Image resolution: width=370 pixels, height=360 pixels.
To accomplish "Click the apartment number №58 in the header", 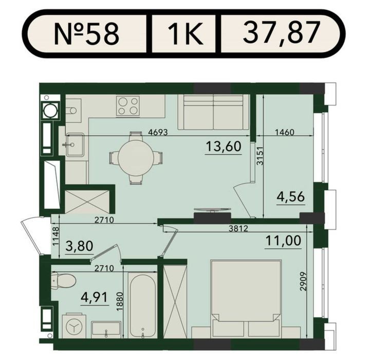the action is click(x=87, y=33).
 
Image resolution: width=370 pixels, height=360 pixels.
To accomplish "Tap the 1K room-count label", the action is click(x=186, y=33).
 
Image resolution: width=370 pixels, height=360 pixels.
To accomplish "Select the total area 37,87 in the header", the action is click(x=282, y=33).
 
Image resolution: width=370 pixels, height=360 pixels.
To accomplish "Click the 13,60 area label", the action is click(x=224, y=146).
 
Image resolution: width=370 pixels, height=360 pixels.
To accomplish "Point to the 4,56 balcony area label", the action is click(x=290, y=196).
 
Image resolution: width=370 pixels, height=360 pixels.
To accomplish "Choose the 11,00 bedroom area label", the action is click(x=283, y=241).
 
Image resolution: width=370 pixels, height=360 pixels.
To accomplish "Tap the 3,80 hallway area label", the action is click(x=80, y=246).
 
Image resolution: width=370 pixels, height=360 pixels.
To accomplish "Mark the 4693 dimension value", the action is click(x=158, y=132).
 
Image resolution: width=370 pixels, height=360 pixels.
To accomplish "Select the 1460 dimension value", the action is click(x=285, y=132).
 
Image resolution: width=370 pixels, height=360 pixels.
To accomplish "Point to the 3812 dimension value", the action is click(x=238, y=228).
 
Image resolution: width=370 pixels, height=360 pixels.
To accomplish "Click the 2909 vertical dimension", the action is click(x=304, y=281).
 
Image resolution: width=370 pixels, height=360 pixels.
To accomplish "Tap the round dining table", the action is click(x=136, y=158).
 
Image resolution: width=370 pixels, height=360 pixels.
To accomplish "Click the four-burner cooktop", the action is click(x=127, y=106).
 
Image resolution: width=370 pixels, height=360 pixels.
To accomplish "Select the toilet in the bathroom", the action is click(x=63, y=281).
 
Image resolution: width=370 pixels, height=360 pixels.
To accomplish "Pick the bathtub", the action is click(x=142, y=305).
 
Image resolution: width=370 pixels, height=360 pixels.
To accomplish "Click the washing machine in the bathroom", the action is click(x=74, y=326).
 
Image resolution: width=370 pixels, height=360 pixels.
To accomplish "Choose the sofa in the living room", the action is click(x=213, y=112).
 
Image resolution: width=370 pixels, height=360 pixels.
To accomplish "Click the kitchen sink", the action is click(x=75, y=145).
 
